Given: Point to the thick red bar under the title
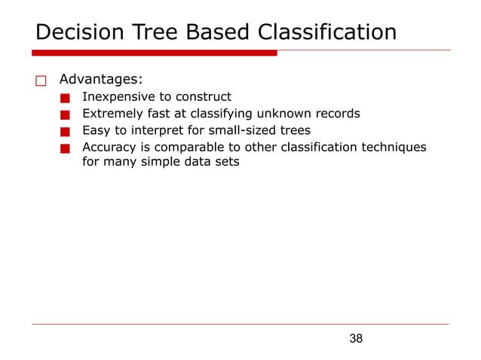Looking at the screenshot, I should [154, 53].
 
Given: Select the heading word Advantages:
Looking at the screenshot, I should [100, 79].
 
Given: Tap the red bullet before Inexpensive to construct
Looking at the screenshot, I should [66, 98].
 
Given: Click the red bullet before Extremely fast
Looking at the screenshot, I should [66, 115].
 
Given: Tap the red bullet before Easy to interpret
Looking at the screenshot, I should [66, 132].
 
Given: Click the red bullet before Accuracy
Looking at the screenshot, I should [66, 148].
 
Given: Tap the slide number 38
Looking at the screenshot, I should [356, 339].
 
